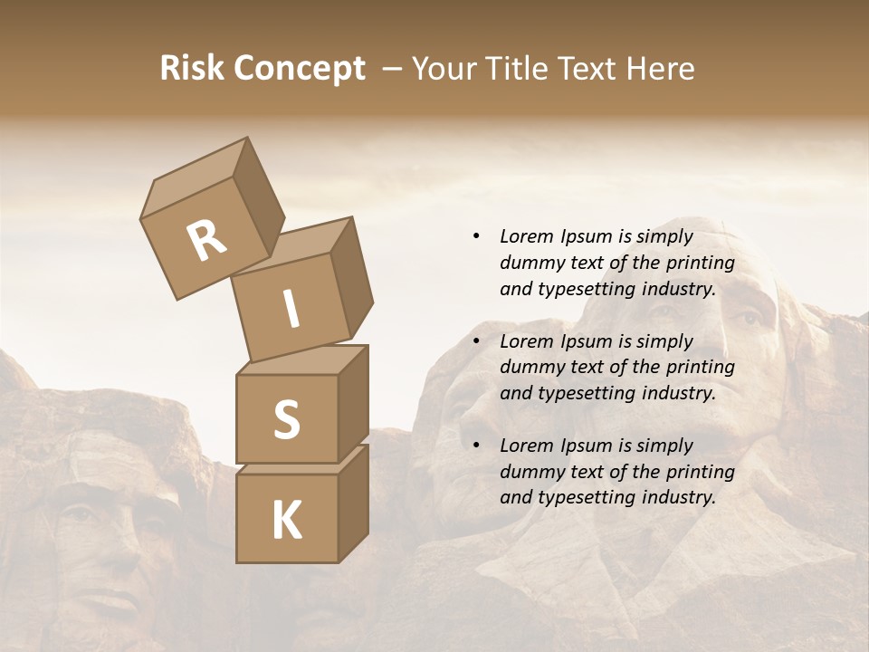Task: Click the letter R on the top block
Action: point(206,240)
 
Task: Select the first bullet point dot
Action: point(476,237)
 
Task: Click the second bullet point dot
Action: point(476,341)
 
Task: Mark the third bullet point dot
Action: point(476,446)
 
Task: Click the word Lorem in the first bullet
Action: point(525,236)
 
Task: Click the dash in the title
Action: point(393,69)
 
